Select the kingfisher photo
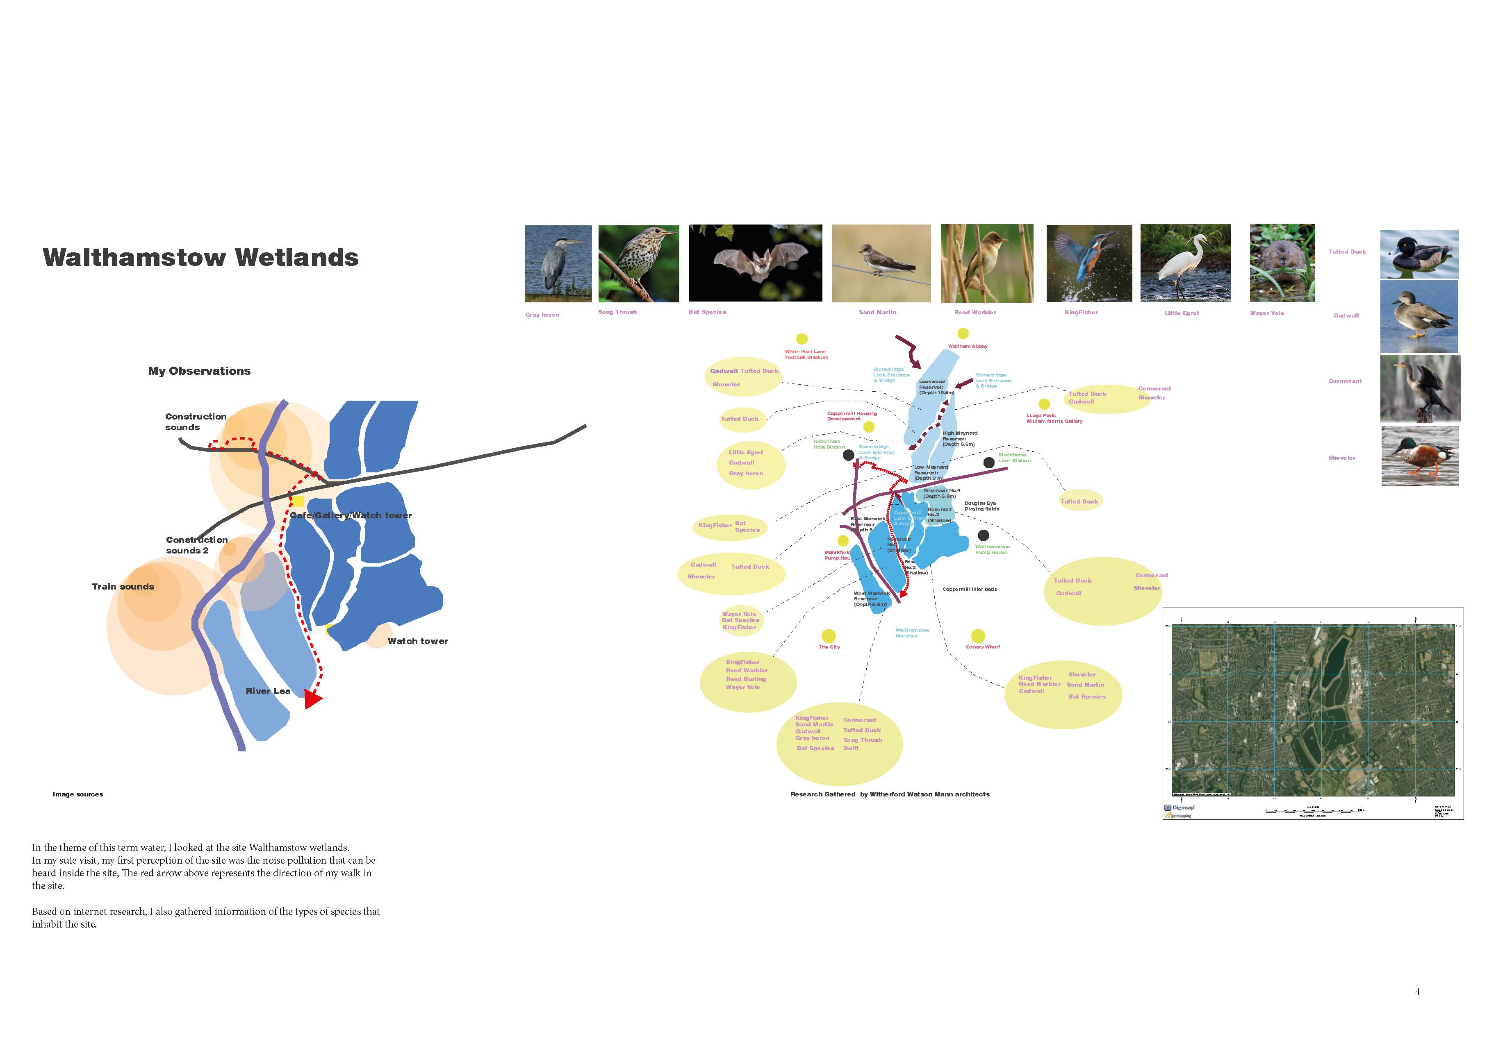(1089, 263)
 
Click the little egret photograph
(1185, 263)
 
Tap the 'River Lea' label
(268, 691)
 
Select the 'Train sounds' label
(123, 587)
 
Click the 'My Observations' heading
(199, 371)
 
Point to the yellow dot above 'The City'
(829, 635)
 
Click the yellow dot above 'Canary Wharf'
(977, 635)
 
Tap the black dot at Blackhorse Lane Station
(988, 463)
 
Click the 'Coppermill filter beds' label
(970, 590)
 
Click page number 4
(1417, 992)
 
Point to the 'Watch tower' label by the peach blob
(418, 642)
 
